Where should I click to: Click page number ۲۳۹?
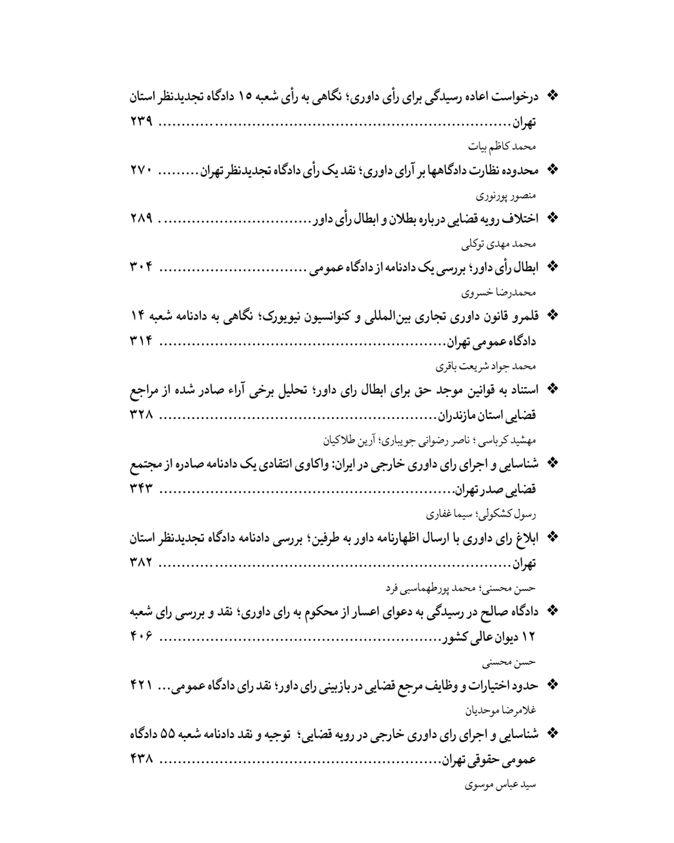pyautogui.click(x=142, y=122)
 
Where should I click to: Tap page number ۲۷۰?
pyautogui.click(x=142, y=170)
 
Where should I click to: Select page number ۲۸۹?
pyautogui.click(x=142, y=219)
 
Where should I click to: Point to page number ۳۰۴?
pyautogui.click(x=142, y=267)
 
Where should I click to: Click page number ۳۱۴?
pyautogui.click(x=142, y=341)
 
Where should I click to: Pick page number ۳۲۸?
pyautogui.click(x=142, y=414)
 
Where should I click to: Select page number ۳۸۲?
pyautogui.click(x=142, y=562)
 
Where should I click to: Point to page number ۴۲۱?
pyautogui.click(x=142, y=685)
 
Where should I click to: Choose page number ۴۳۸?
pyautogui.click(x=142, y=759)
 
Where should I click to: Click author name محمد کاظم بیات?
pyautogui.click(x=502, y=147)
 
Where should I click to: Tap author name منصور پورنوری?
pyautogui.click(x=506, y=195)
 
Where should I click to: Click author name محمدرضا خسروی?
pyautogui.click(x=499, y=292)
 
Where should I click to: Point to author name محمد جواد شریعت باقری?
pyautogui.click(x=486, y=366)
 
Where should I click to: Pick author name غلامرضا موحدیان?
pyautogui.click(x=501, y=710)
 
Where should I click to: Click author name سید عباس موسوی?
pyautogui.click(x=501, y=784)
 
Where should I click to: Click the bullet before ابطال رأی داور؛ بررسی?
pyautogui.click(x=551, y=267)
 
